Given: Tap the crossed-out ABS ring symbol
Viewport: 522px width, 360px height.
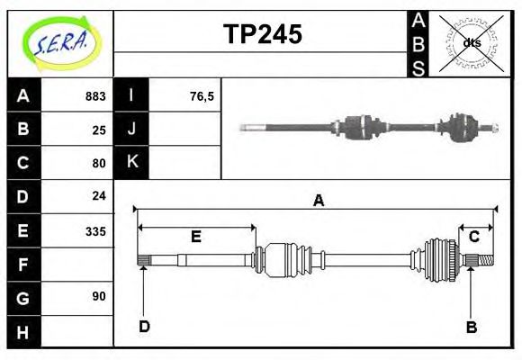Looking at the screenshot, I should (x=472, y=42).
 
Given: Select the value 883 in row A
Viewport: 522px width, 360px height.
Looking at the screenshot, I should (x=94, y=96).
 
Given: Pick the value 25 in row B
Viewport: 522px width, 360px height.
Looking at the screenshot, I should (x=99, y=130).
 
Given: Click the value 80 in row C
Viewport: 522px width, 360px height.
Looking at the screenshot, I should (x=99, y=164).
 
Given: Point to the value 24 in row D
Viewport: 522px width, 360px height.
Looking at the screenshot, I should (x=99, y=195).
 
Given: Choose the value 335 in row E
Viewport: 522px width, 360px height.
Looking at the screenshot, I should (x=94, y=231).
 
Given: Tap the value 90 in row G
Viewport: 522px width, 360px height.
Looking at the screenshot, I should (x=99, y=296).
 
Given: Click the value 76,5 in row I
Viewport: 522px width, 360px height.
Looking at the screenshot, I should (x=202, y=96).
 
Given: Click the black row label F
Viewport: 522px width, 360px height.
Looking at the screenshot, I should (x=23, y=265).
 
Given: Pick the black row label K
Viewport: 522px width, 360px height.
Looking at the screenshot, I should (x=131, y=163).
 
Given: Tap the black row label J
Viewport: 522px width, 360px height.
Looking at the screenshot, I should (x=131, y=130).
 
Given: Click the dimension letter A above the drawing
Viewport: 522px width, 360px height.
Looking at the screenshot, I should (x=318, y=201).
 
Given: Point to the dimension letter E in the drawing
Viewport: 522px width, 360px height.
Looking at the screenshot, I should (x=195, y=238).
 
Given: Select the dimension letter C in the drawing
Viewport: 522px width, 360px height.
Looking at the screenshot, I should (x=473, y=237).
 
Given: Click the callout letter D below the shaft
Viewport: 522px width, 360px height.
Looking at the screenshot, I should (x=144, y=326).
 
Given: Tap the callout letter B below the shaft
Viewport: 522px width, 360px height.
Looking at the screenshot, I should (x=471, y=327).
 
